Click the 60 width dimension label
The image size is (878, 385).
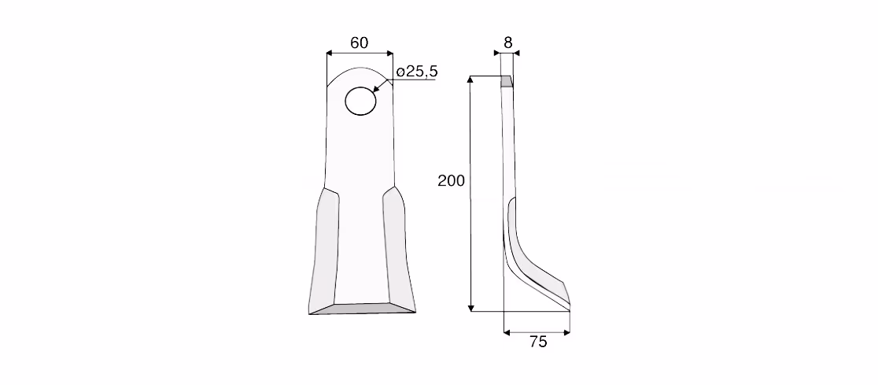coord(359,43)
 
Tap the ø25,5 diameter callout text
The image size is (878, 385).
coord(417,72)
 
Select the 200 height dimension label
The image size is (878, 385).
coord(451,181)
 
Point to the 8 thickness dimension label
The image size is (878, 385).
coord(508,42)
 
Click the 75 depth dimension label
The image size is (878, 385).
coord(537,342)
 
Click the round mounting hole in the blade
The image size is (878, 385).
coord(360,101)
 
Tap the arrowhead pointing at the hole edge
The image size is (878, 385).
coord(376,88)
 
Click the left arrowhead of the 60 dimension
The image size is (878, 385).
coord(330,54)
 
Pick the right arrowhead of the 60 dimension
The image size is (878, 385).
coord(389,54)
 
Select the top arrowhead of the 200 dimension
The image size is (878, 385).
coord(471,80)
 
